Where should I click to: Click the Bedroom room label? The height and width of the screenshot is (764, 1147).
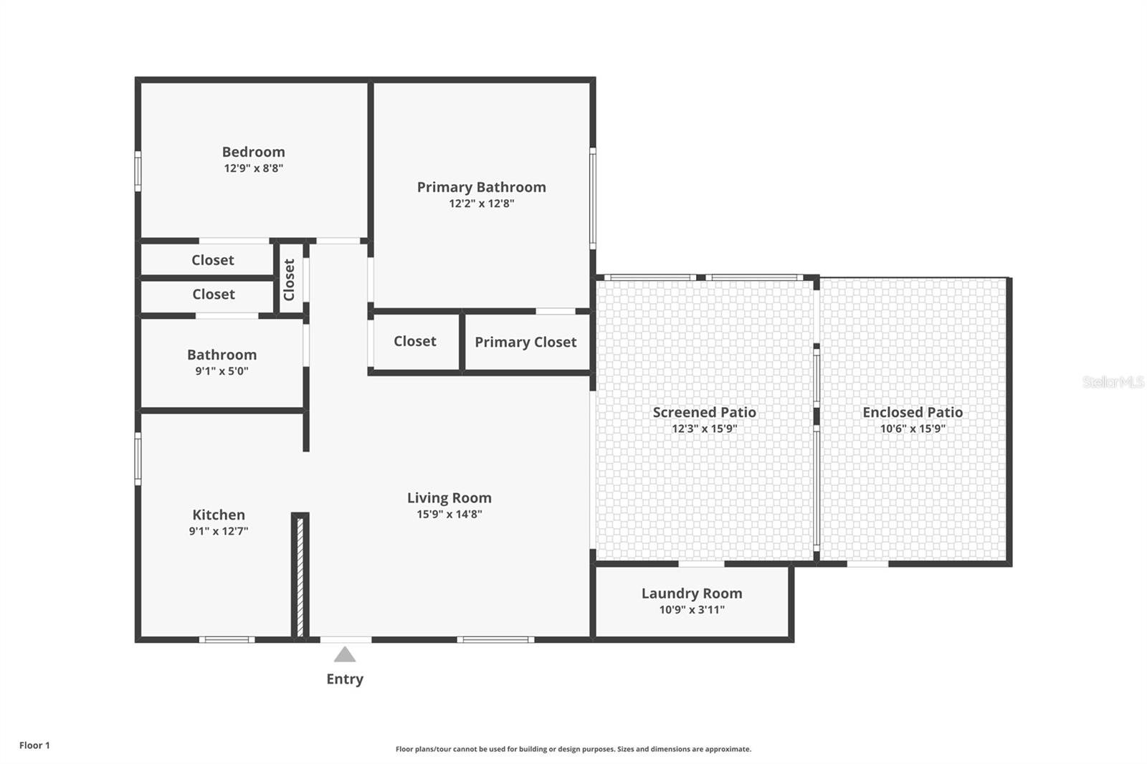(x=254, y=152)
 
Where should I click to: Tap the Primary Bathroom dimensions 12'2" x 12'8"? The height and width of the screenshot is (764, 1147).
(x=481, y=204)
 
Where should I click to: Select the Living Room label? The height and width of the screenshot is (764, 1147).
(x=449, y=497)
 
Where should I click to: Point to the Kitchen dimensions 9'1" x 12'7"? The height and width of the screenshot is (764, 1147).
(x=219, y=531)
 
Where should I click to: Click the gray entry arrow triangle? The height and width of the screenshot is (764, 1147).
(x=345, y=654)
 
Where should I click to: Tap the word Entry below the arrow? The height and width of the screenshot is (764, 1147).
(x=345, y=679)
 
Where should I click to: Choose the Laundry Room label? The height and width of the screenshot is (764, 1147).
(x=692, y=593)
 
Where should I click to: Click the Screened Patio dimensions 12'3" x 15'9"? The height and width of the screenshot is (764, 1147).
(x=705, y=429)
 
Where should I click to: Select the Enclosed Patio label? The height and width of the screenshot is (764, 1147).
(x=913, y=412)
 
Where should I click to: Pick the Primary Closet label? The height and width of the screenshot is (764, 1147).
(x=525, y=342)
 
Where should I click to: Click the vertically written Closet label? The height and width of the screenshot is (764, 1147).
(x=289, y=280)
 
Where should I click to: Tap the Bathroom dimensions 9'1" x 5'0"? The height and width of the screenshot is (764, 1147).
(x=222, y=371)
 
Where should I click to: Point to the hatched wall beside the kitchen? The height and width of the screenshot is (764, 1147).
(x=300, y=577)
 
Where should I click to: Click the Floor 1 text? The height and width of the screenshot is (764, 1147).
(x=35, y=745)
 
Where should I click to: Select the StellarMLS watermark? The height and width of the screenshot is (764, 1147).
(x=1113, y=382)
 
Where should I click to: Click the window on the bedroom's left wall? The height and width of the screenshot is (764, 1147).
(x=138, y=171)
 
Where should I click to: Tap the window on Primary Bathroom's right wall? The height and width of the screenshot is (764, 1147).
(x=592, y=199)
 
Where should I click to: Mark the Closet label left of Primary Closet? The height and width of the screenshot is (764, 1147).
(x=415, y=342)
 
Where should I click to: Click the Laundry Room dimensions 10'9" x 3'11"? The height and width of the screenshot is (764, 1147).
(x=692, y=610)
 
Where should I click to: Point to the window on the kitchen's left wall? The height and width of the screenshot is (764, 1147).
(x=138, y=459)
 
